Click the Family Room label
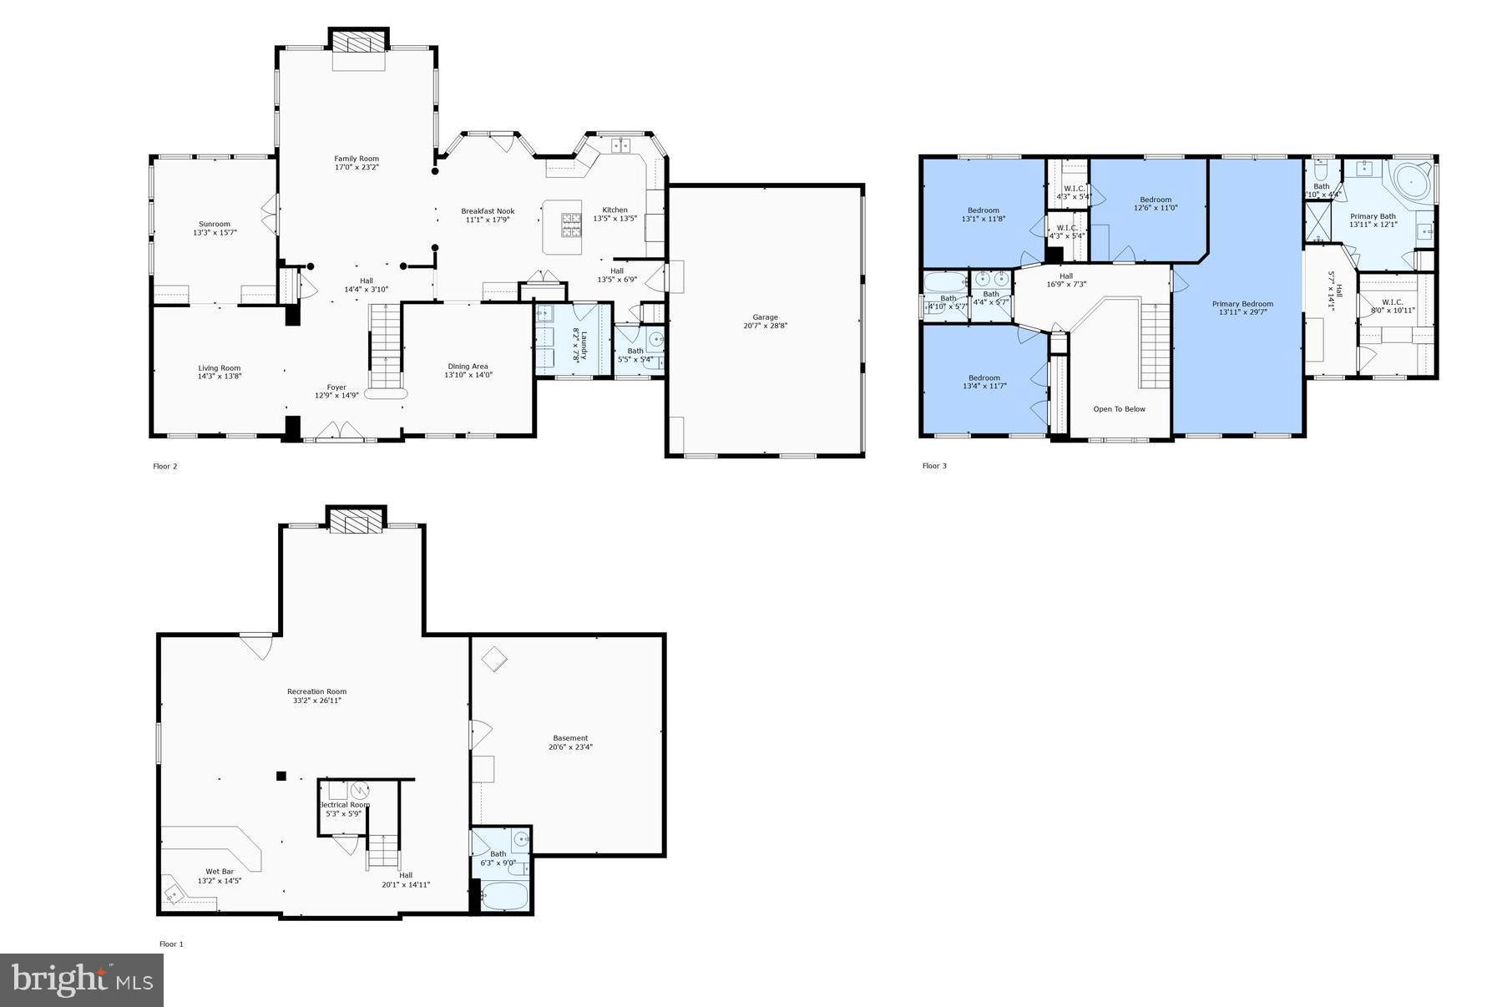click(357, 159)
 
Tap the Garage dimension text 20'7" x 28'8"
click(765, 326)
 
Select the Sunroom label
click(214, 224)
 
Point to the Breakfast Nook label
click(488, 211)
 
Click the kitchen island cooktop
click(571, 224)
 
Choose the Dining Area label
click(468, 366)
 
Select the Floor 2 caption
click(165, 467)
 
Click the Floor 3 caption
click(934, 466)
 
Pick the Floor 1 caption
click(171, 944)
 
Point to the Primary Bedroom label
click(1242, 304)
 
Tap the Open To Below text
click(1119, 409)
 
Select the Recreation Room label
click(316, 691)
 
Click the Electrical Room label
click(343, 805)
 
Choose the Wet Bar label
click(220, 872)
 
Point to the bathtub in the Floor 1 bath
click(504, 897)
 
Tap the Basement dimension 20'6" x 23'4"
click(570, 747)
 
